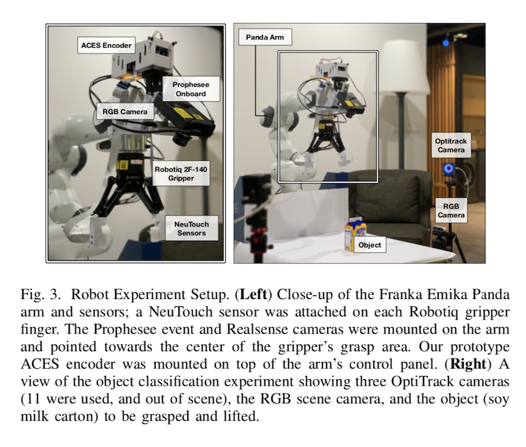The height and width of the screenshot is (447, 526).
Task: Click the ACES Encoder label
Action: pos(106,45)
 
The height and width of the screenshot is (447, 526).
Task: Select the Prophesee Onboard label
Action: pos(191,89)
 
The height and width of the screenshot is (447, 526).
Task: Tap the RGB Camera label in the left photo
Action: pos(125,112)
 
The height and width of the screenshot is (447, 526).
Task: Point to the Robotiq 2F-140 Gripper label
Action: pos(181,173)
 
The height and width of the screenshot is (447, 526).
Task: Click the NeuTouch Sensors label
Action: pos(191,229)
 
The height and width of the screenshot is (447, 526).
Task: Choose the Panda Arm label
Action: pos(265,37)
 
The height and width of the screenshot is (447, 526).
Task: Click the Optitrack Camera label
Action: pos(451,145)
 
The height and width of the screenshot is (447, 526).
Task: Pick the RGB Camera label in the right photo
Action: pos(451,210)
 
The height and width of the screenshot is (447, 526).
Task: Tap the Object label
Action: pos(370,244)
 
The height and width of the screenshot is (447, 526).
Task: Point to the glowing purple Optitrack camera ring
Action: pos(449,168)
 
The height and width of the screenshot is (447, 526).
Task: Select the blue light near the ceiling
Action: pos(445,42)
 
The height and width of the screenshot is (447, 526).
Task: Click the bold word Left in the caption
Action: pos(254,294)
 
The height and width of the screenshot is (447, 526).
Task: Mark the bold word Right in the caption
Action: pos(468,364)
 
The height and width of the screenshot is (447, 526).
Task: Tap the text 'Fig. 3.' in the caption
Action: pos(41,295)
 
